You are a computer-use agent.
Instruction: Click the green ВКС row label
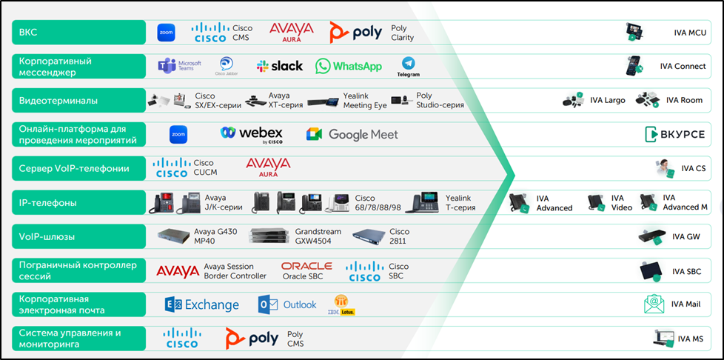click(x=78, y=33)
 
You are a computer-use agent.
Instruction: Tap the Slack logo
click(x=280, y=66)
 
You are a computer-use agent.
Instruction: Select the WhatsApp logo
click(x=349, y=66)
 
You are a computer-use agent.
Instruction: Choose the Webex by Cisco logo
click(x=252, y=134)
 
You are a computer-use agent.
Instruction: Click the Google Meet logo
click(x=352, y=134)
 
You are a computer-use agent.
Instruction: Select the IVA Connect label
click(x=683, y=66)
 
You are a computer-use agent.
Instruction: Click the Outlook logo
click(x=287, y=304)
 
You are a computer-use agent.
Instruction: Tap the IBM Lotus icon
click(x=341, y=305)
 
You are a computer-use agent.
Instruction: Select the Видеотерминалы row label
click(x=78, y=100)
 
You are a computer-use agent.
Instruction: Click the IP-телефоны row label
click(x=78, y=202)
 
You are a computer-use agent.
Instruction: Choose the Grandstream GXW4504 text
click(x=318, y=236)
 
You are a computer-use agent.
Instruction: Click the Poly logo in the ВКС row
click(x=356, y=33)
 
